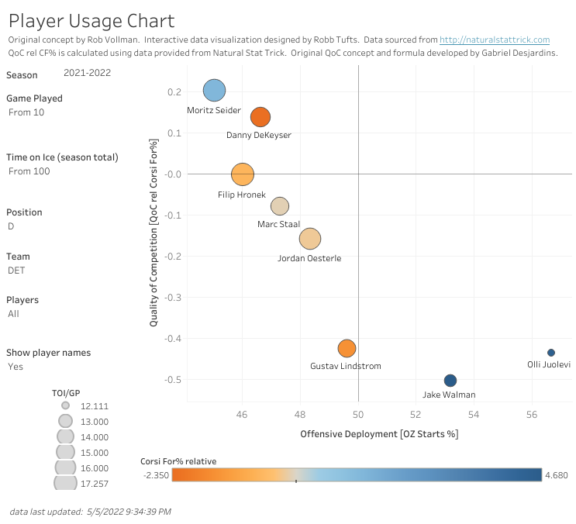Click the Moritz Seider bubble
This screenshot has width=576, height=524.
pyautogui.click(x=215, y=91)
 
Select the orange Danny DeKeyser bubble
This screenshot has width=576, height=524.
pyautogui.click(x=260, y=117)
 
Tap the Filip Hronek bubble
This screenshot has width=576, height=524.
pyautogui.click(x=243, y=174)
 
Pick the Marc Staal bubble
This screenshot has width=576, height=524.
pyautogui.click(x=280, y=206)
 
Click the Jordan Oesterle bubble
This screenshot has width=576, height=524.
pyautogui.click(x=310, y=240)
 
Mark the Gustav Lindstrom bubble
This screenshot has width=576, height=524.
pyautogui.click(x=347, y=349)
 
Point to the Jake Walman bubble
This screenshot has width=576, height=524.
pyautogui.click(x=450, y=381)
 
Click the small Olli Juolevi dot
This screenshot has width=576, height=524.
pyautogui.click(x=551, y=353)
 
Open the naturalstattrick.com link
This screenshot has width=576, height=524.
pyautogui.click(x=494, y=40)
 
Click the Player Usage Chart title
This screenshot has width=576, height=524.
pyautogui.click(x=91, y=21)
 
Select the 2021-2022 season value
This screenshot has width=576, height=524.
pyautogui.click(x=87, y=73)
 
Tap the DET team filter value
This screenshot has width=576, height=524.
pyautogui.click(x=16, y=271)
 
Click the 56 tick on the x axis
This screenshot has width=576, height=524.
pyautogui.click(x=532, y=415)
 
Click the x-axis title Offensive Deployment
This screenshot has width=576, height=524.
pyautogui.click(x=379, y=434)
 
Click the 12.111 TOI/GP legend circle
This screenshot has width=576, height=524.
pyautogui.click(x=65, y=405)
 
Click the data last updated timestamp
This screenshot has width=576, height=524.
pyautogui.click(x=91, y=512)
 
